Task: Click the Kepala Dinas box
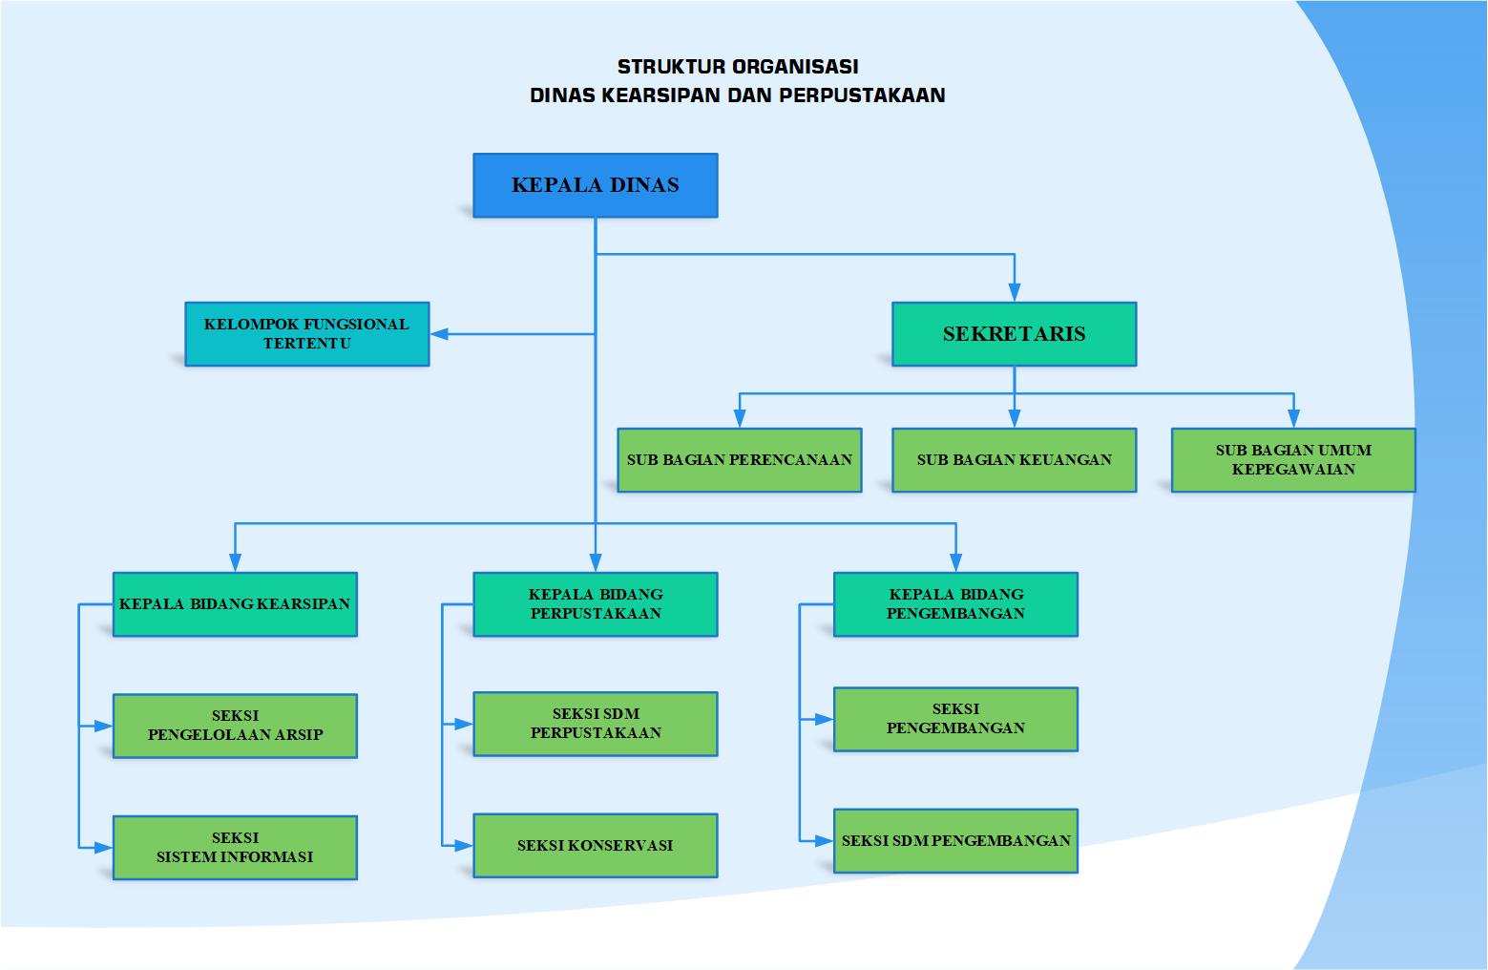pos(595,185)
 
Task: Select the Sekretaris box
pos(1014,334)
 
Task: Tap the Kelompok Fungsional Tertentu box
pos(306,334)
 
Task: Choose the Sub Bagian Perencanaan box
pos(739,460)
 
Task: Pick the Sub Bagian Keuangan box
pos(1014,460)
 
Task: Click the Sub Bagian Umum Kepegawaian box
pos(1292,460)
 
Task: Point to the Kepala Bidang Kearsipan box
pos(235,604)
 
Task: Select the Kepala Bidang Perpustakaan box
pos(595,604)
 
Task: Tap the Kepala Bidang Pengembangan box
pos(955,604)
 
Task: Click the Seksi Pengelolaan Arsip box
pos(235,726)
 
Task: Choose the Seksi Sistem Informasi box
pos(235,847)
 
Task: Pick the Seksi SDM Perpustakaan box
pos(595,724)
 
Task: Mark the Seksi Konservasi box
pos(595,845)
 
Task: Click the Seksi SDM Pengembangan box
pos(955,841)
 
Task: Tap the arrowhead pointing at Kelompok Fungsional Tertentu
pos(440,334)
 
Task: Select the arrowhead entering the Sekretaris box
pos(1014,292)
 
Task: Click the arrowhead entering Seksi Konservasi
pos(464,845)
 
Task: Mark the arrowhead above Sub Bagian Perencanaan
pos(739,418)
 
